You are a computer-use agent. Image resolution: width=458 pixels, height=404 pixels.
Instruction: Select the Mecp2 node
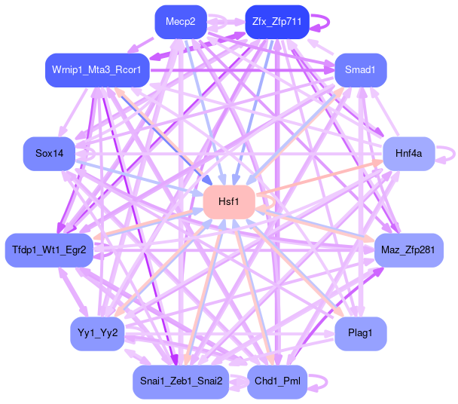[181, 22]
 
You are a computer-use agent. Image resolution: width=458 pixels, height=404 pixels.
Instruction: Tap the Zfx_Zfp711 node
[276, 22]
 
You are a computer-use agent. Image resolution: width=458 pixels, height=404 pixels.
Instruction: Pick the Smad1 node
[361, 70]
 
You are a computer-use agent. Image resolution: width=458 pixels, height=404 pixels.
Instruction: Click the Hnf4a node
[409, 154]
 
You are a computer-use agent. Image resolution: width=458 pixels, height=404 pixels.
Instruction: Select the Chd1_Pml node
[277, 381]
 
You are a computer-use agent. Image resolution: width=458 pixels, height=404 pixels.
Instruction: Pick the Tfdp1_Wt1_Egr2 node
[50, 249]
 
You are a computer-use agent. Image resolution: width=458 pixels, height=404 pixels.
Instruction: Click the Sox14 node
[49, 154]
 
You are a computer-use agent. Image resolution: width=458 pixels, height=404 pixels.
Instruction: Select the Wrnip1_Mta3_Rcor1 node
[97, 70]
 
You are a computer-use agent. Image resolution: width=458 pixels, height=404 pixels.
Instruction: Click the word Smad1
[361, 70]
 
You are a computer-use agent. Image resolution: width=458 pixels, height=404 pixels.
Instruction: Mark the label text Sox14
[49, 154]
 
